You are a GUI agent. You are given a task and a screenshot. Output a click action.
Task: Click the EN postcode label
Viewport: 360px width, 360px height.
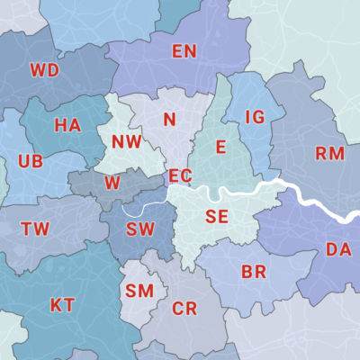pos(184,51)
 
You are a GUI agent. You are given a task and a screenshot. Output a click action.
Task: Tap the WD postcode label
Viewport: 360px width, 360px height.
pos(43,69)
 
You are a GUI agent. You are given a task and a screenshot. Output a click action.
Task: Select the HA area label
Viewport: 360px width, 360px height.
pos(67,125)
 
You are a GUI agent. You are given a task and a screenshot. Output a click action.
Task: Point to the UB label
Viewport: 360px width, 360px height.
pos(30,163)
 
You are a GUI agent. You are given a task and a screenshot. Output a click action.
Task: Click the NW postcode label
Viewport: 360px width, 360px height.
pos(127,141)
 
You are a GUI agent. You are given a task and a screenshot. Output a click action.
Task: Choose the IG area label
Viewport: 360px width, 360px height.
pos(255,117)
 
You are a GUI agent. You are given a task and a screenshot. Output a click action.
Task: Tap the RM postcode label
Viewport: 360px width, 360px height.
pos(330,153)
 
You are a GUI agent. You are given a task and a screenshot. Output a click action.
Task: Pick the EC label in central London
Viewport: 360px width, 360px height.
pos(180,175)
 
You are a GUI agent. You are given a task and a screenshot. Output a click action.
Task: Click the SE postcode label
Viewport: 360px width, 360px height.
pos(217,216)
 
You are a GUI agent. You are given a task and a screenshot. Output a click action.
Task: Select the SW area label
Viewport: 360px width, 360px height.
pos(140,229)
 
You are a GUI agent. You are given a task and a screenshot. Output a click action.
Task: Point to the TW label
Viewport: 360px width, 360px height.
pos(35,229)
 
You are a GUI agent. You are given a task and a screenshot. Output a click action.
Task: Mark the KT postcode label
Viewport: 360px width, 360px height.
pos(62,305)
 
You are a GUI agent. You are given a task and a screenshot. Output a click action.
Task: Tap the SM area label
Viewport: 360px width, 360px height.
pos(139,291)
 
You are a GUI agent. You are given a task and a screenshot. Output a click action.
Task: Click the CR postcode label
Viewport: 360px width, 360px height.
pos(184,309)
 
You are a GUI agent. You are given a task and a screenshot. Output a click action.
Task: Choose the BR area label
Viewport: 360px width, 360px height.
pos(254,272)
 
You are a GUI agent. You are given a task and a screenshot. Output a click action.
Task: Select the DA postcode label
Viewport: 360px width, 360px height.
pos(338,249)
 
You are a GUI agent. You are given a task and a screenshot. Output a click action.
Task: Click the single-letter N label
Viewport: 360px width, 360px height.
pos(169,120)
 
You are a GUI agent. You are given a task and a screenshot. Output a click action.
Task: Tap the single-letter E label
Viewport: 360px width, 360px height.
pos(219,147)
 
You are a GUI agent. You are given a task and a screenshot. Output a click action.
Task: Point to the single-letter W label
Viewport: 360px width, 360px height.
pos(112,183)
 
